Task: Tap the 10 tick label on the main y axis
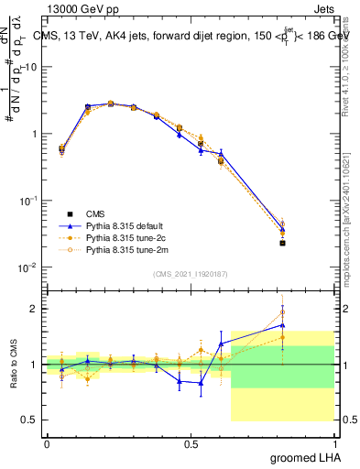(30, 68)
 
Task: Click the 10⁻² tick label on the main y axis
(27, 267)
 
